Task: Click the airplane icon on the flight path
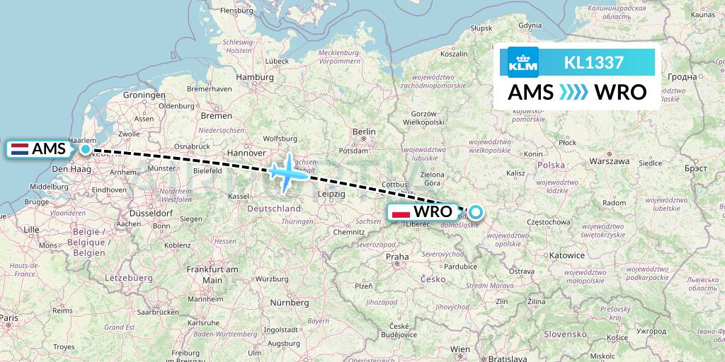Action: coord(286,172)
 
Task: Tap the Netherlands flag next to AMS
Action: coord(19,149)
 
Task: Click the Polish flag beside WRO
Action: coord(401,211)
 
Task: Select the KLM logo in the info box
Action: coord(523,62)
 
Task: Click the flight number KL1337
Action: coord(593,62)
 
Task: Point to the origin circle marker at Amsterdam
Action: coord(86,148)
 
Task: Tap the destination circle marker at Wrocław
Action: coord(475,211)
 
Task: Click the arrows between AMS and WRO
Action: coord(574,93)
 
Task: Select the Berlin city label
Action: coord(364,132)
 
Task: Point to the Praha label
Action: coord(396,256)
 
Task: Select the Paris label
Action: coord(8,319)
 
